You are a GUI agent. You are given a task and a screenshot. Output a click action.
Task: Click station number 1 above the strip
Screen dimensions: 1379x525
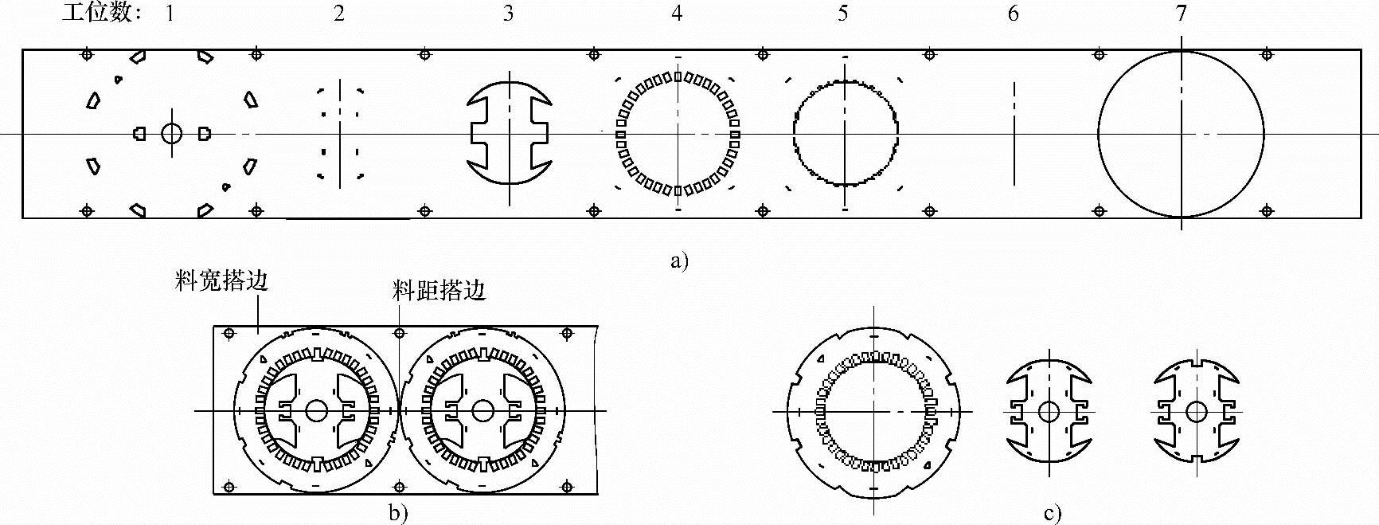[x=170, y=14]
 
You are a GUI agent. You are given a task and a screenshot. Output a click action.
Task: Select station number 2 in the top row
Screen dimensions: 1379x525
[x=339, y=14]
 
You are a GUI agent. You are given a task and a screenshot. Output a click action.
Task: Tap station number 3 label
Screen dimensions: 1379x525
[x=508, y=14]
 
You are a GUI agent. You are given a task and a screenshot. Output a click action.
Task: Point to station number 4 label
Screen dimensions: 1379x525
[x=677, y=14]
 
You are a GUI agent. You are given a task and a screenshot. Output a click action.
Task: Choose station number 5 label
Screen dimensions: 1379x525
[x=843, y=14]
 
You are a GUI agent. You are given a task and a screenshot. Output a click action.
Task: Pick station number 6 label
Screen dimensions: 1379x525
[x=1013, y=14]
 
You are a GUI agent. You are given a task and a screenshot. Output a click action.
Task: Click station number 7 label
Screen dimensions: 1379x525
[x=1182, y=14]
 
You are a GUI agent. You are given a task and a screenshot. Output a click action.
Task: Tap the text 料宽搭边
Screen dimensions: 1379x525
[x=221, y=281]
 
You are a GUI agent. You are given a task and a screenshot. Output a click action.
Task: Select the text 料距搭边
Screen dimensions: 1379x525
[x=439, y=291]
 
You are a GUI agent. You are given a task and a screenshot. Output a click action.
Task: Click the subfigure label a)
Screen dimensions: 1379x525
[x=679, y=261]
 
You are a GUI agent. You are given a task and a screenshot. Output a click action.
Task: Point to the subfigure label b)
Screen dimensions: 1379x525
[x=398, y=513]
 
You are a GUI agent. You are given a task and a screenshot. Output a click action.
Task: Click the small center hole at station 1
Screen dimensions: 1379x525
[x=172, y=133]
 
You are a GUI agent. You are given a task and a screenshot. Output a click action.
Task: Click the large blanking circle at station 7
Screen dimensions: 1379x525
[x=1181, y=134]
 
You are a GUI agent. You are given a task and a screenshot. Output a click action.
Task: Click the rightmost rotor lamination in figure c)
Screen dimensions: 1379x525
[x=1196, y=412]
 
